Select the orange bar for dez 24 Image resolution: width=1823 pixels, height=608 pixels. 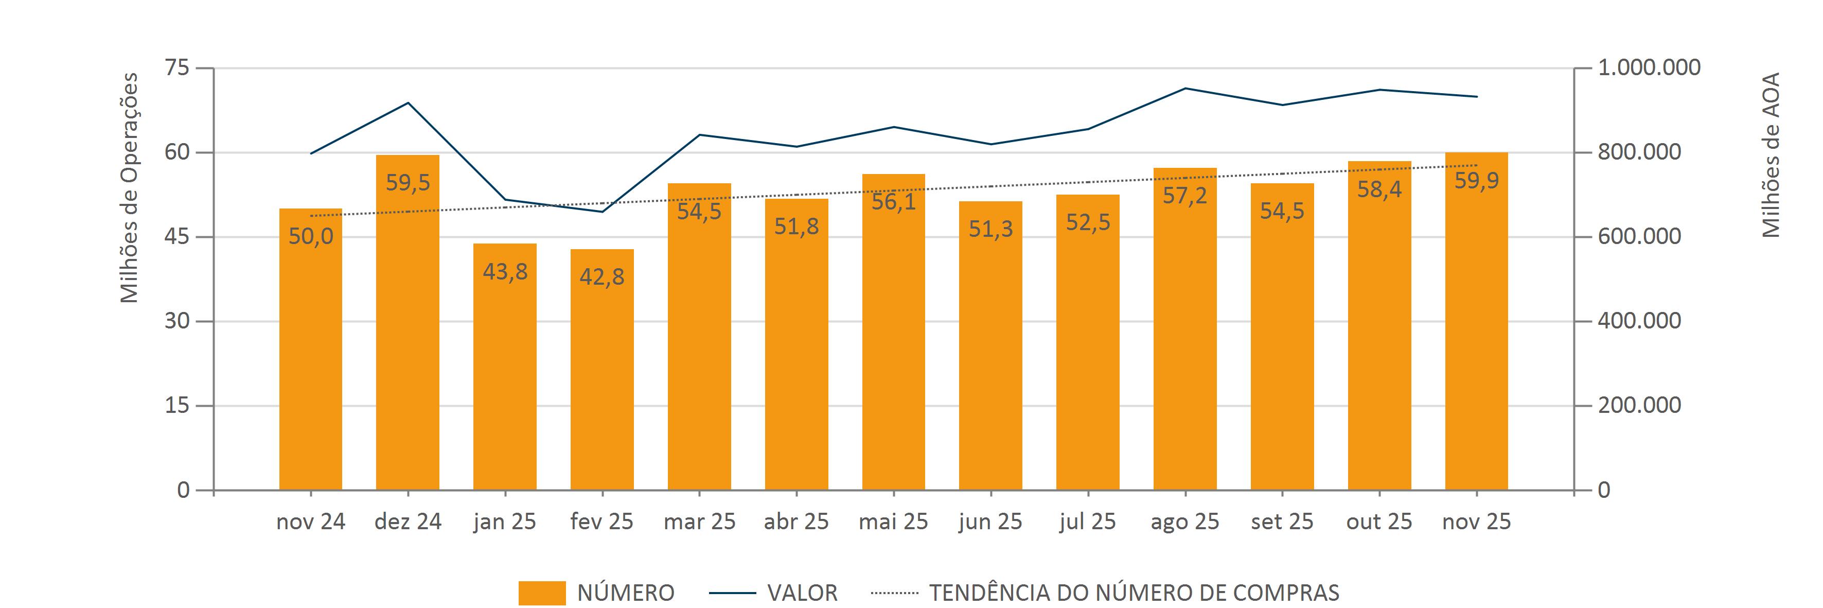click(x=408, y=322)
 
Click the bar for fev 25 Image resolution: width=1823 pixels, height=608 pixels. click(x=601, y=370)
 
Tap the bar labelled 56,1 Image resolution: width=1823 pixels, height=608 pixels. click(x=893, y=332)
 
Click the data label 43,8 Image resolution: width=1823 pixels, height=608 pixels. click(x=505, y=271)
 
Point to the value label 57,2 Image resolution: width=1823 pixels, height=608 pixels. click(x=1184, y=195)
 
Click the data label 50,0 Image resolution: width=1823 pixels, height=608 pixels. click(x=311, y=236)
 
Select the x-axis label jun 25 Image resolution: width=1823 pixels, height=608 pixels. click(x=990, y=522)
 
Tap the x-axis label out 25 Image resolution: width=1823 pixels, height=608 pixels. click(x=1378, y=522)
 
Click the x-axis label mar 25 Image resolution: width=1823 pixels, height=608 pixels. click(x=699, y=522)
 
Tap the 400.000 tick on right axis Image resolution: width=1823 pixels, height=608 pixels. click(x=1639, y=321)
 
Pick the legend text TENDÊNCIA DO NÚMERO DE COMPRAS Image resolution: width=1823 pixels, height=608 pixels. click(x=1134, y=593)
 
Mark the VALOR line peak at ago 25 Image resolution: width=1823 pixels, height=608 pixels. click(x=1184, y=89)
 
